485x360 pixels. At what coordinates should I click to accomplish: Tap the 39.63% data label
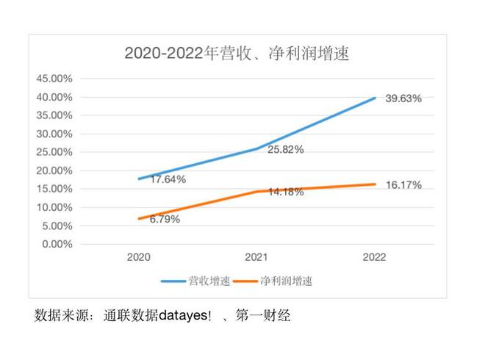pos(403,98)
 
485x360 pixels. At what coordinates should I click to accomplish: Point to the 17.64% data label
pos(168,179)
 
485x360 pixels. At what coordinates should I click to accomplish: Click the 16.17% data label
pos(403,185)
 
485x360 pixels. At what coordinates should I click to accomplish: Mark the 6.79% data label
pos(165,219)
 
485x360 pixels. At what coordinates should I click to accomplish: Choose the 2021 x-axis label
pos(256,258)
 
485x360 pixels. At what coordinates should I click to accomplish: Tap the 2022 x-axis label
pos(374,258)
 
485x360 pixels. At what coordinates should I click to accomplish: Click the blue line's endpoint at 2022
pos(375,98)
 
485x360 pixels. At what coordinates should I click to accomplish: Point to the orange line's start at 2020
pos(138,219)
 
